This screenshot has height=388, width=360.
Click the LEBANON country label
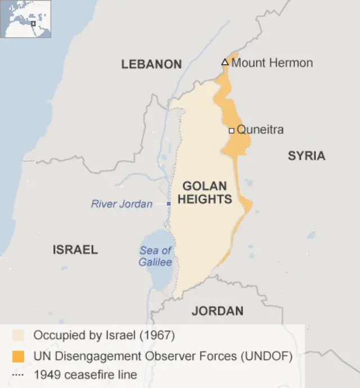click(151, 64)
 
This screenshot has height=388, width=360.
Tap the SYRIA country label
click(307, 156)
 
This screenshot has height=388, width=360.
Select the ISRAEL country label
click(75, 249)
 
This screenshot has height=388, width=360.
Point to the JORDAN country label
click(217, 311)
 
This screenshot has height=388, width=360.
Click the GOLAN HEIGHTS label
click(205, 192)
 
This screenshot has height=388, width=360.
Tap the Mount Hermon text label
click(272, 63)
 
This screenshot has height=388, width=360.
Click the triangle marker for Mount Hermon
click(225, 62)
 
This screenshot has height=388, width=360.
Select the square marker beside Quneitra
click(231, 131)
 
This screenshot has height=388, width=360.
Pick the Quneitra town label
click(260, 130)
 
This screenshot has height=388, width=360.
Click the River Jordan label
click(121, 204)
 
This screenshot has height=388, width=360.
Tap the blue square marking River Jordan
click(168, 203)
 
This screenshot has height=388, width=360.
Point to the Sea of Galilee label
click(156, 256)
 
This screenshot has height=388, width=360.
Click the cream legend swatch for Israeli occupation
click(19, 336)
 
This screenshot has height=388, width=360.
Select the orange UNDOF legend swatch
click(19, 355)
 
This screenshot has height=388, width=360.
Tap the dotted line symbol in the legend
click(19, 374)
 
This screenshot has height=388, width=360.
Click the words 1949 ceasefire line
click(85, 374)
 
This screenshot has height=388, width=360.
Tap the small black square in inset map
click(33, 24)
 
